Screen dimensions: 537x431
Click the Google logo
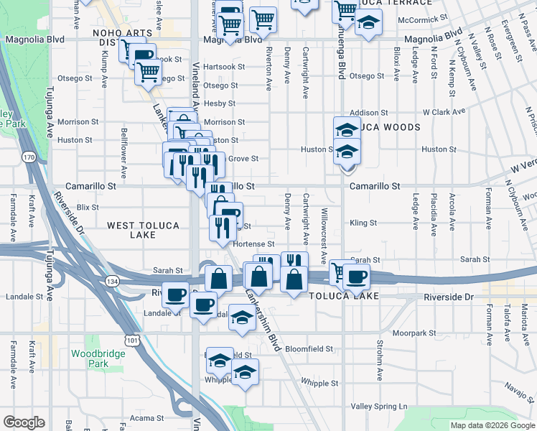point(24,422)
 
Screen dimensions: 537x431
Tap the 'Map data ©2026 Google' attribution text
point(491,425)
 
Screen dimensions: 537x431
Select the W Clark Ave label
point(444,112)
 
